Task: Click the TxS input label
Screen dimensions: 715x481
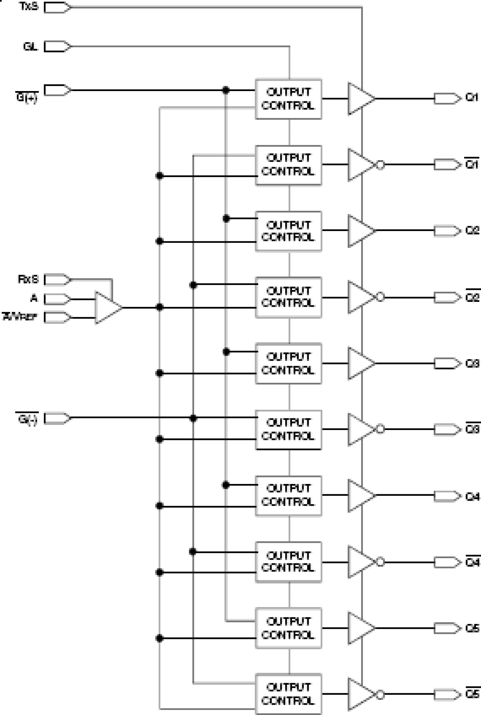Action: click(29, 7)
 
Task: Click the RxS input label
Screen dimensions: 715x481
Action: click(28, 279)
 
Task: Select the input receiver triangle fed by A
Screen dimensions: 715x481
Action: click(108, 308)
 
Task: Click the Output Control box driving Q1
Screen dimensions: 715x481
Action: click(288, 99)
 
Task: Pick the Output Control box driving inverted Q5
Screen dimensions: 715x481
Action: click(288, 694)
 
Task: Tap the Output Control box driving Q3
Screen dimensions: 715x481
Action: click(288, 363)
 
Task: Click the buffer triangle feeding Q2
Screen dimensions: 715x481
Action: click(360, 231)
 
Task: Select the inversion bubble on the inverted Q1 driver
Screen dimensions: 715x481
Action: click(380, 165)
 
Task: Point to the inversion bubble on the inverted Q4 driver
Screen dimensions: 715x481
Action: click(380, 562)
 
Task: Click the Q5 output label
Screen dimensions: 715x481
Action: click(472, 628)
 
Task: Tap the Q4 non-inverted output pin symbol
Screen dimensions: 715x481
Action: click(447, 496)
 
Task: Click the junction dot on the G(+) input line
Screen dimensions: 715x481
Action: click(226, 90)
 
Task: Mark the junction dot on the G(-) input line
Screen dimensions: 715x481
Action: click(193, 419)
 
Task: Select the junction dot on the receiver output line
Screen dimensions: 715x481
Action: click(160, 307)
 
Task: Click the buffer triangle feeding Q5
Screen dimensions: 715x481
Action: click(360, 628)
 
